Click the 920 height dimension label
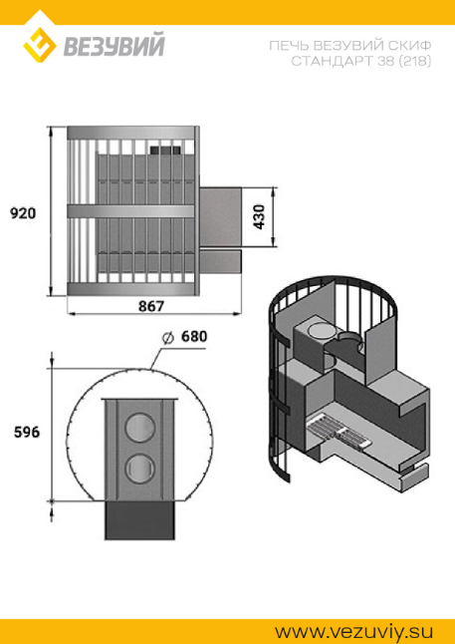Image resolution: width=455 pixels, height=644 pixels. coord(23,213)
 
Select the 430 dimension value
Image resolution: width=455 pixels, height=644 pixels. coord(259,217)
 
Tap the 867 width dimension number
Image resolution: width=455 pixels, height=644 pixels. coord(151,306)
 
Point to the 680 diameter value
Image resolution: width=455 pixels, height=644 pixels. coord(194,337)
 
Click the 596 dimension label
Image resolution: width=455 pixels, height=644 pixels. coord(27,433)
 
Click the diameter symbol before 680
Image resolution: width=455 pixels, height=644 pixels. coord(167,337)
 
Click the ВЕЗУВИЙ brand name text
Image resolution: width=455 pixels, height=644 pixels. coord(114,45)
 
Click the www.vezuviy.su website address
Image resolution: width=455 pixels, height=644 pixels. coord(353,631)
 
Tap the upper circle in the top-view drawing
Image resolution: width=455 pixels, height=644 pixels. coord(139,428)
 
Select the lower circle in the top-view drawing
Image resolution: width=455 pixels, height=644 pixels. coord(139,469)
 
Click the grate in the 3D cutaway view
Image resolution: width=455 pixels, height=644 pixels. coord(340,434)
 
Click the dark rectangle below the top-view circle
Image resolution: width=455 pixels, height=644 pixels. coord(139,520)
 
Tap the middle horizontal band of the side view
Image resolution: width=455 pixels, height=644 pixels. coord(130,210)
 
